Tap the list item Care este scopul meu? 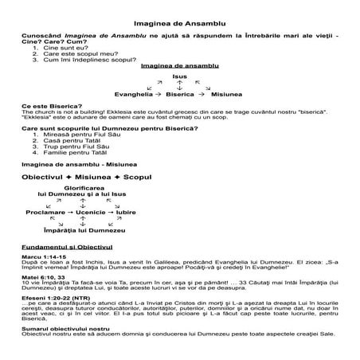[80, 53]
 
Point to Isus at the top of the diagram [180, 76]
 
